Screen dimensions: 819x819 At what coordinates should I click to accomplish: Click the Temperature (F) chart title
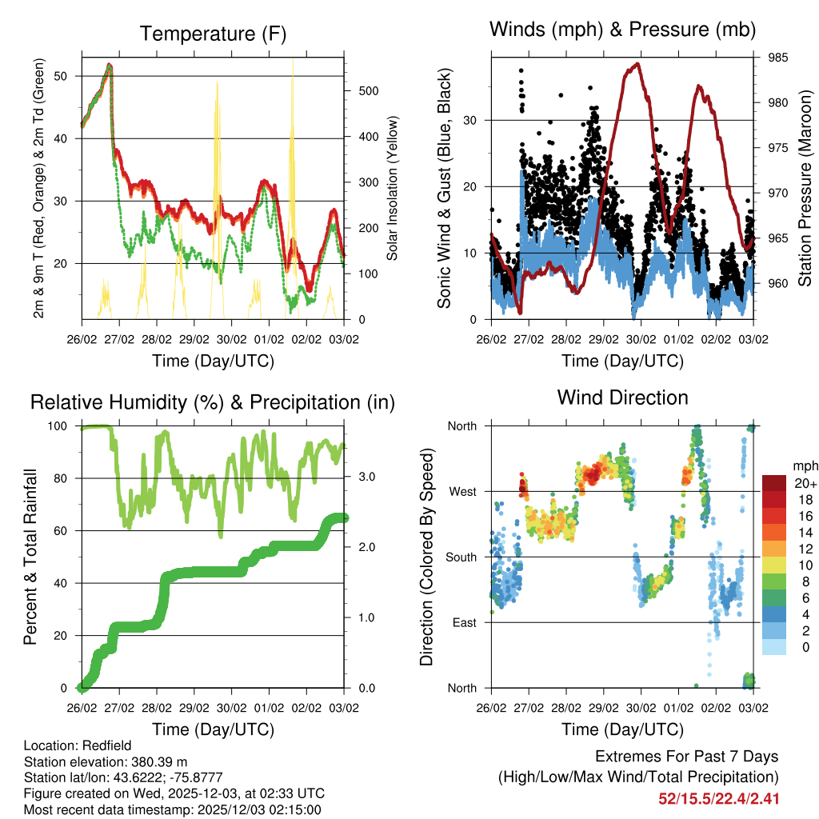coord(213,34)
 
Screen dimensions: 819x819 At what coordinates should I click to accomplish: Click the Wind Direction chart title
coord(622,398)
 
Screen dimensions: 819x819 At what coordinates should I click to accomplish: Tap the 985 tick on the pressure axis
coord(778,58)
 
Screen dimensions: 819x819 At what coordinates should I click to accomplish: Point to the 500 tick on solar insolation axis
coord(367,91)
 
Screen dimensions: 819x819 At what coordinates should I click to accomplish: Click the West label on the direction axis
coord(461,491)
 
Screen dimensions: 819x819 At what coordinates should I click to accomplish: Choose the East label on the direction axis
coord(462,622)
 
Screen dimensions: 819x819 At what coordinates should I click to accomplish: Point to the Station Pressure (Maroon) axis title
coord(805,188)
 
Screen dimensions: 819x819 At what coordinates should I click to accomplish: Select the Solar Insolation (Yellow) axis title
coord(393,188)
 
